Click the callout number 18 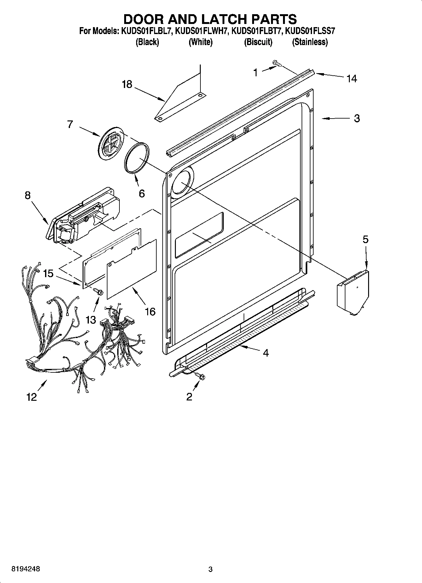(x=127, y=85)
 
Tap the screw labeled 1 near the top (x=277, y=64)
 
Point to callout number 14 (x=352, y=79)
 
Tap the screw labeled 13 (x=98, y=292)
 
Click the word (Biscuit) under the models (x=258, y=42)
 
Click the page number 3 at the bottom (x=211, y=569)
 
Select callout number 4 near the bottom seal (x=266, y=353)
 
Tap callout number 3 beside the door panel (x=356, y=118)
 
